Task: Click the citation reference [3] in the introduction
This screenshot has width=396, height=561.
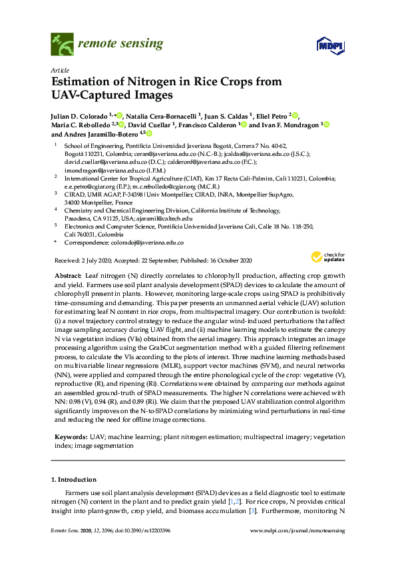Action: pyautogui.click(x=252, y=510)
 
